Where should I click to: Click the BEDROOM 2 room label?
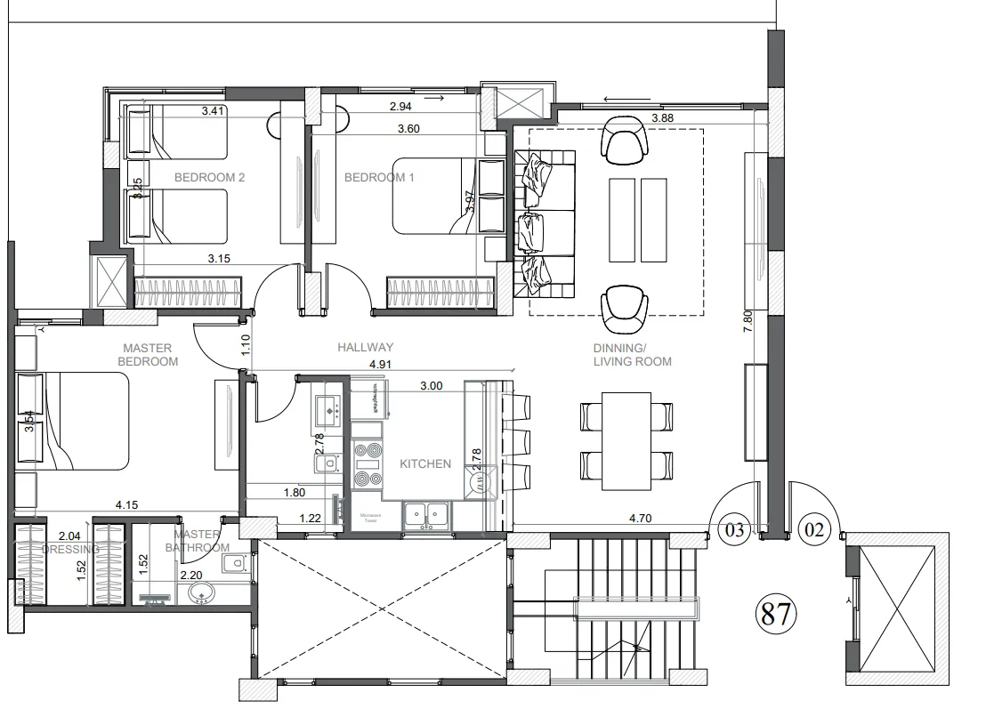click(209, 177)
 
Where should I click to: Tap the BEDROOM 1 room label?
click(380, 177)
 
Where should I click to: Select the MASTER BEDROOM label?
click(150, 355)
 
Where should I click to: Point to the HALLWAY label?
click(365, 347)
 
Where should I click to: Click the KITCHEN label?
click(425, 463)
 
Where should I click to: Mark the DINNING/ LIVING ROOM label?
click(633, 355)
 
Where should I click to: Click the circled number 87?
click(775, 615)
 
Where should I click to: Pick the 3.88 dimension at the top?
click(663, 117)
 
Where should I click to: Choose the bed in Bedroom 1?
click(436, 196)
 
